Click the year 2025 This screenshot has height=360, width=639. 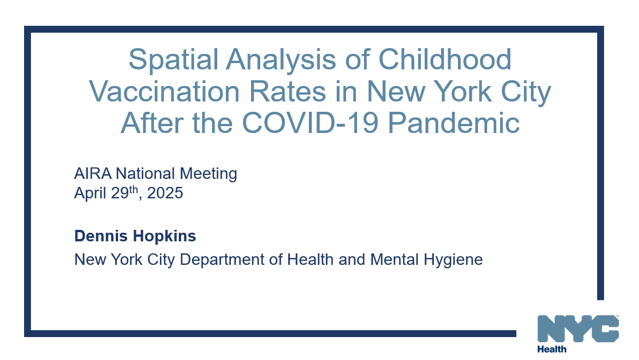pyautogui.click(x=165, y=194)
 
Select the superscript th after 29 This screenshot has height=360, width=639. pyautogui.click(x=133, y=190)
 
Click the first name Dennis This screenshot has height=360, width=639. pyautogui.click(x=99, y=236)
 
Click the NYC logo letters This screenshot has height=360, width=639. pyautogui.click(x=578, y=329)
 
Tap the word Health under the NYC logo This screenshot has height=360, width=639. pyautogui.click(x=552, y=349)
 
